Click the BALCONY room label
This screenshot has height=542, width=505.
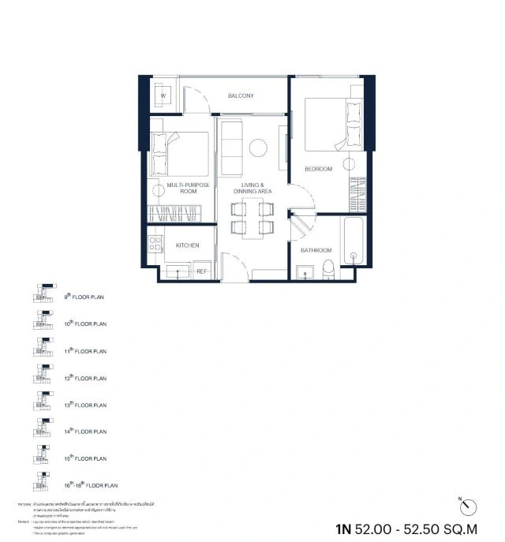tap(241, 96)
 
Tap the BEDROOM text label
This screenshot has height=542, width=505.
tap(318, 169)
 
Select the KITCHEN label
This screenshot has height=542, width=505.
tap(188, 246)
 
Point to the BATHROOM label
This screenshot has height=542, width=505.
tap(316, 250)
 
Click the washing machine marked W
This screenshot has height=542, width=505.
tap(163, 96)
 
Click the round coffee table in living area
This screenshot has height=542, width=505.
tap(258, 148)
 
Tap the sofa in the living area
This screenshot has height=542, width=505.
tap(231, 149)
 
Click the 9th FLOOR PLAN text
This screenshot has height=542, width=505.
tap(84, 297)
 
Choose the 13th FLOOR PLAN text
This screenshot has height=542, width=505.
tap(85, 405)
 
